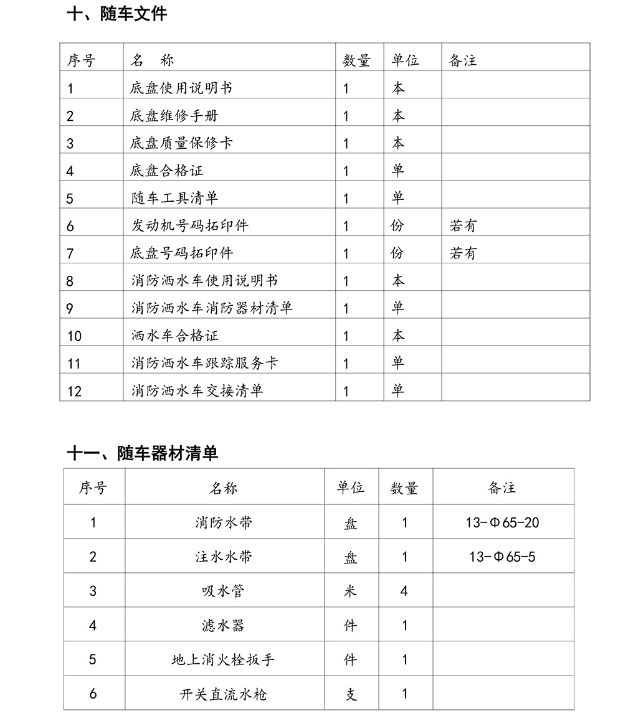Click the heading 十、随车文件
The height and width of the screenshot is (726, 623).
click(x=117, y=14)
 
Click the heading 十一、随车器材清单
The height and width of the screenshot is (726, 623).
click(x=142, y=453)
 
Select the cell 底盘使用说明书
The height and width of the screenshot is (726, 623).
click(x=181, y=88)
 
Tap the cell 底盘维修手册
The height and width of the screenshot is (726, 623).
click(x=174, y=116)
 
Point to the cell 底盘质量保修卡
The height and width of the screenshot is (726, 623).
click(x=181, y=143)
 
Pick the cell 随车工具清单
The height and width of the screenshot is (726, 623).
click(x=174, y=198)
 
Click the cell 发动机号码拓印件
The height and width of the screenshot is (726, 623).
click(x=189, y=225)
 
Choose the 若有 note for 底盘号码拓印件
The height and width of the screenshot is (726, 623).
click(x=463, y=253)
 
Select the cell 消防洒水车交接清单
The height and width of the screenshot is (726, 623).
click(x=197, y=390)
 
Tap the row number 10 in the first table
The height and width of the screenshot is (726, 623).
click(x=74, y=336)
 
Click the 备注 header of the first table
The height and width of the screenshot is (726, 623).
click(x=462, y=60)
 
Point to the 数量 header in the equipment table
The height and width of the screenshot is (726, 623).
click(x=404, y=488)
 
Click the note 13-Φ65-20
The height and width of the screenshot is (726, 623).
click(x=502, y=522)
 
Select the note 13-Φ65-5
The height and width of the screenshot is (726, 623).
click(x=502, y=557)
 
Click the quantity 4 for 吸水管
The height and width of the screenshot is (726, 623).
click(x=404, y=591)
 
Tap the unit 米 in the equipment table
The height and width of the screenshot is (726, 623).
click(x=351, y=591)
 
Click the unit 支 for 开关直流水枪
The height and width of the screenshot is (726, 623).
click(x=351, y=694)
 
